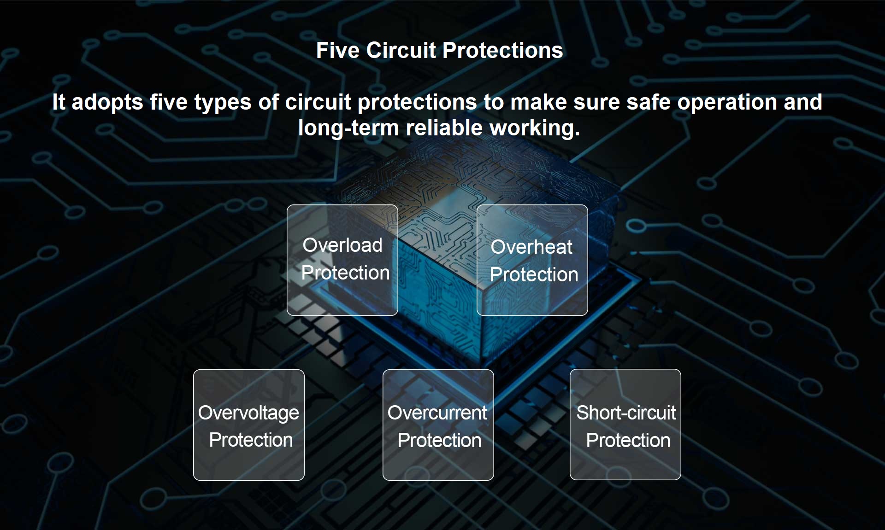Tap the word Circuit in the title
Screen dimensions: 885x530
(x=401, y=50)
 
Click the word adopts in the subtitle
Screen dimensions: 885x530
(x=107, y=103)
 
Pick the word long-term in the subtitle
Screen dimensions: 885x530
(x=348, y=128)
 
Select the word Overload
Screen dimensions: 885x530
(x=342, y=245)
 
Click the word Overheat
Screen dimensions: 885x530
(x=531, y=247)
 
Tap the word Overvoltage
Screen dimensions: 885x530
(x=248, y=413)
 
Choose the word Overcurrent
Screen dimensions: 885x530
(x=437, y=413)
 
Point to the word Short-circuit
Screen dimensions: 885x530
(x=626, y=413)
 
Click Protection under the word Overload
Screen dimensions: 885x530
(x=345, y=273)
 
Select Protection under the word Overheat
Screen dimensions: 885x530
(x=534, y=274)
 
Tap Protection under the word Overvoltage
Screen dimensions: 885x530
(x=251, y=440)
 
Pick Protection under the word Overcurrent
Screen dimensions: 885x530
(x=439, y=440)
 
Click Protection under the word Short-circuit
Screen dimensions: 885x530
(x=628, y=440)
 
